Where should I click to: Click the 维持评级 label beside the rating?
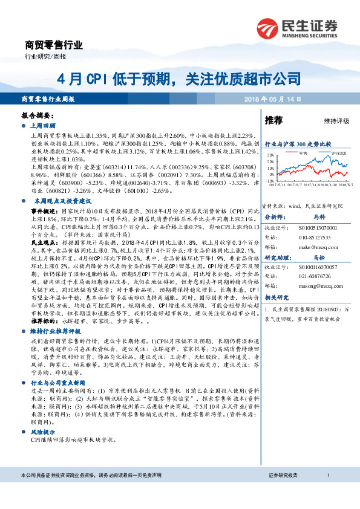[x=336, y=121]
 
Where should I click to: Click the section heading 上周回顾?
[x=44, y=128]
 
